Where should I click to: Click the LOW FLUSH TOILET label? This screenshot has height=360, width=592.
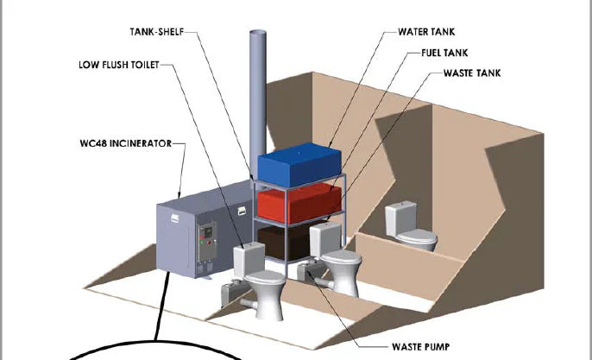116,65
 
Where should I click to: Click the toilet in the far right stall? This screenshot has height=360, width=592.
410,228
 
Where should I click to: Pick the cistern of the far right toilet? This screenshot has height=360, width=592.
401,212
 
